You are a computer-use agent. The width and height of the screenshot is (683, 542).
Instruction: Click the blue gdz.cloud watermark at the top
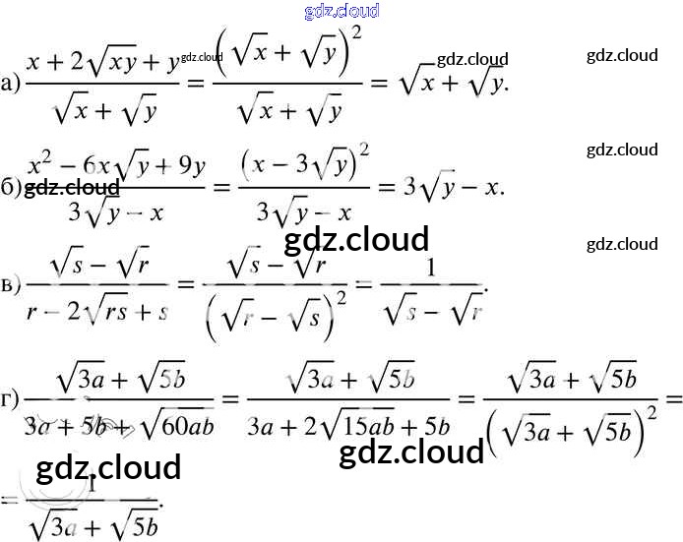(342, 11)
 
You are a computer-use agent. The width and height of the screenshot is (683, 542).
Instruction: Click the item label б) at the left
(11, 188)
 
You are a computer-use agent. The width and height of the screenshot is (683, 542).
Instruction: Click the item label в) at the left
(11, 285)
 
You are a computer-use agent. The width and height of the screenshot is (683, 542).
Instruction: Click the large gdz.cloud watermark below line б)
(355, 239)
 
